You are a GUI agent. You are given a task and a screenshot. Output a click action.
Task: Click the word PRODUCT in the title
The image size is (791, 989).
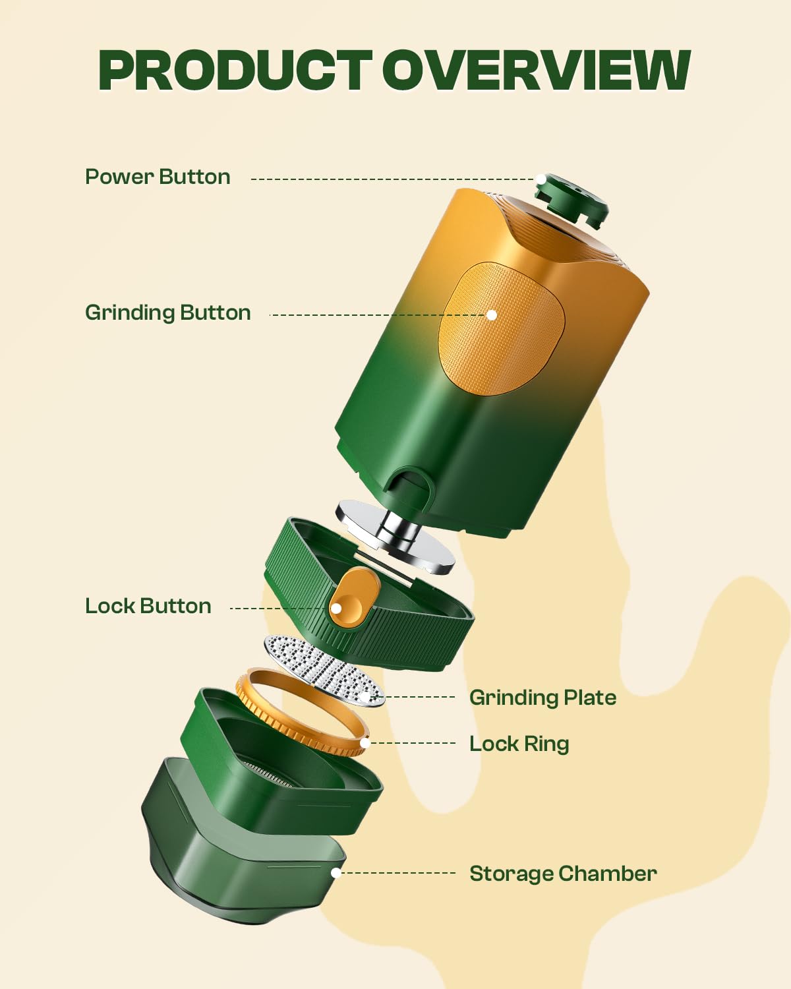(235, 71)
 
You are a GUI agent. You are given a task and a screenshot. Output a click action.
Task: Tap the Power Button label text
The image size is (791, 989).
(158, 177)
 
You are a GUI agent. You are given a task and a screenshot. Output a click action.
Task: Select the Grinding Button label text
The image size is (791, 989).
(168, 313)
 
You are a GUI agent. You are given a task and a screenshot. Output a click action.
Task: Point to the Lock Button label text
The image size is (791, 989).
(148, 606)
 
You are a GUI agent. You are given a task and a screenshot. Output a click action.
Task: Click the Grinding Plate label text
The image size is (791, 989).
(542, 698)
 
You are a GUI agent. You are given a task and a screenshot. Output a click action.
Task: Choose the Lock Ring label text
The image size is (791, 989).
(519, 744)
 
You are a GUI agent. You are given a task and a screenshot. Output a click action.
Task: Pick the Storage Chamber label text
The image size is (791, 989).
(563, 874)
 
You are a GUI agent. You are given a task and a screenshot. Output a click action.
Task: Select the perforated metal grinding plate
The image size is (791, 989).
(323, 669)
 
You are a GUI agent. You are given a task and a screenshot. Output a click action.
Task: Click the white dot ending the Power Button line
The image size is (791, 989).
(541, 179)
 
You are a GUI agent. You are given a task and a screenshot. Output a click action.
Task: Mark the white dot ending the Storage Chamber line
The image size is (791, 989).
(336, 873)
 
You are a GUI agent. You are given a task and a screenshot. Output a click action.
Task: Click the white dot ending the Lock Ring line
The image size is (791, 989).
(365, 743)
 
